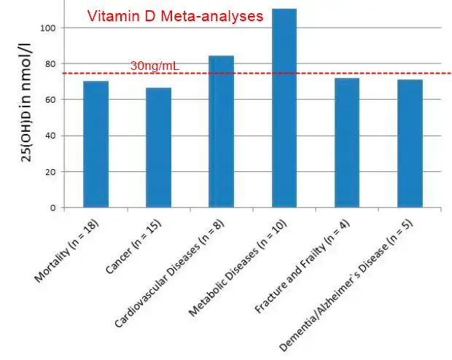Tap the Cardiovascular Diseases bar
point(221,132)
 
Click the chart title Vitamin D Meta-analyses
point(175,15)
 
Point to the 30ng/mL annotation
point(155,66)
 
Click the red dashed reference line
point(306,73)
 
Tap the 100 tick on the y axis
point(47,28)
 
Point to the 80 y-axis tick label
point(49,63)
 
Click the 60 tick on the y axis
point(49,100)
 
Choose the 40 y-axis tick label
point(49,136)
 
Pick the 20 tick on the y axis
point(49,171)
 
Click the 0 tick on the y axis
point(52,208)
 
